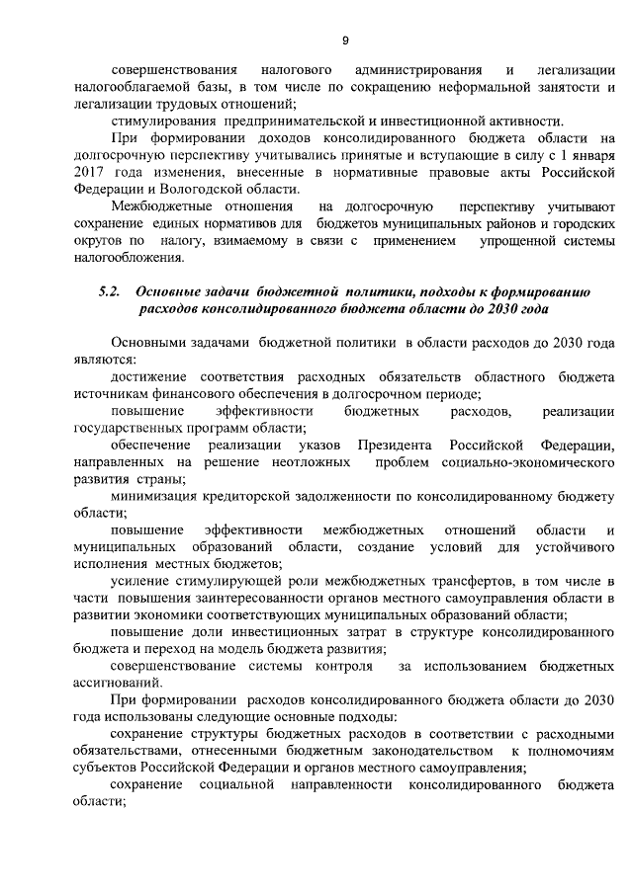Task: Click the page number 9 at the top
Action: click(x=344, y=41)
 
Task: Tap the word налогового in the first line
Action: click(x=298, y=71)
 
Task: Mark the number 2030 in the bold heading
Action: click(x=475, y=309)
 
